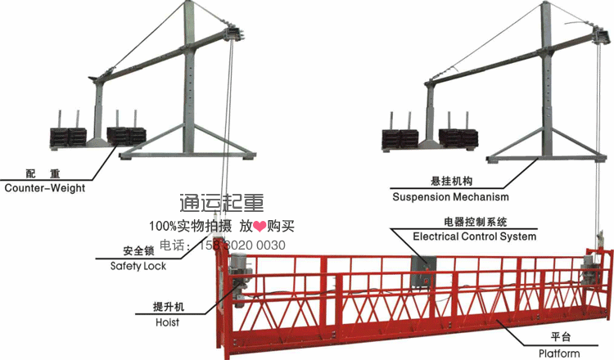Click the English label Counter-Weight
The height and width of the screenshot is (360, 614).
coord(44,187)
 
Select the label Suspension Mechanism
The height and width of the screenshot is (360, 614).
coord(449,197)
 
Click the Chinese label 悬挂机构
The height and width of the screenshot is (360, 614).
coord(446,182)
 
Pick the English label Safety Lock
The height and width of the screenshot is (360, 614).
coord(138,266)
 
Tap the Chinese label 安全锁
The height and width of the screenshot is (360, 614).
coord(138,250)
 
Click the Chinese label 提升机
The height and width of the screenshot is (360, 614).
coord(169,307)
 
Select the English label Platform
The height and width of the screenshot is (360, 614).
coord(559,353)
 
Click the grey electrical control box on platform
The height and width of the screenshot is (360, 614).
coord(424,271)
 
